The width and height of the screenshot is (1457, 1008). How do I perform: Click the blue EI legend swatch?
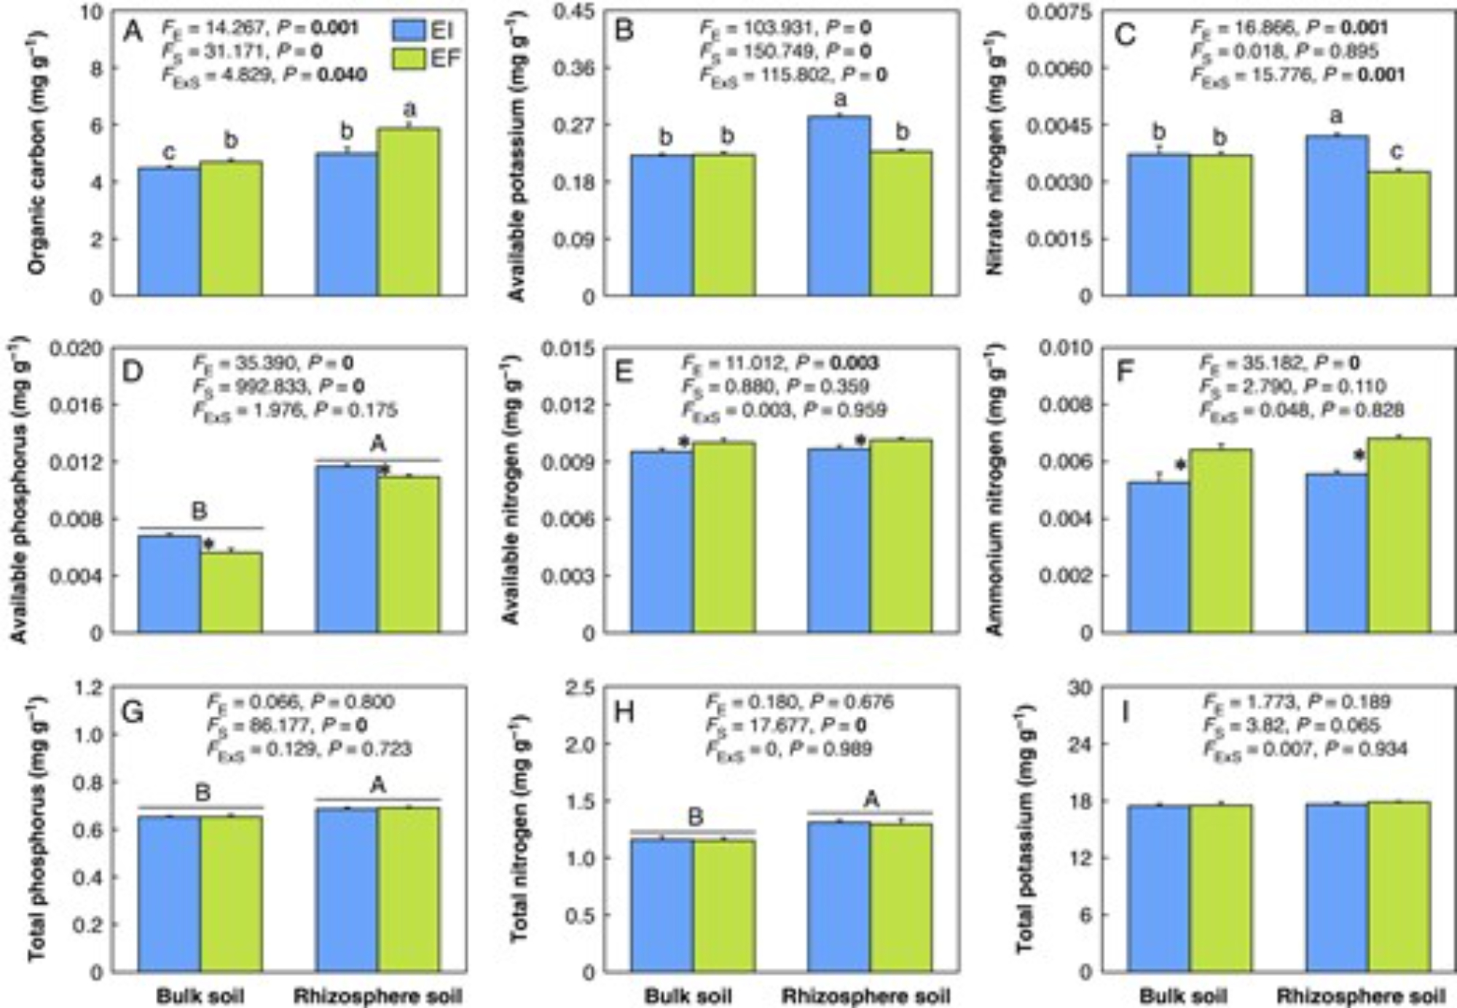(409, 30)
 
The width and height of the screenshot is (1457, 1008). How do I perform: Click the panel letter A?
(133, 32)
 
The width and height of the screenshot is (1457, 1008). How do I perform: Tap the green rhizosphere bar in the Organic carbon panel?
(409, 211)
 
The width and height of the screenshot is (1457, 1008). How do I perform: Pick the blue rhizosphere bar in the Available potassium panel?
(839, 205)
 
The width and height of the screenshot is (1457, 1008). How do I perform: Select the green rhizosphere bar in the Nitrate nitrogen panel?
(1399, 233)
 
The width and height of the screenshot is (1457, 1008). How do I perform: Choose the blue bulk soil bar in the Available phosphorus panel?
(169, 584)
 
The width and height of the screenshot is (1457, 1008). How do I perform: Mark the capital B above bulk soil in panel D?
(199, 511)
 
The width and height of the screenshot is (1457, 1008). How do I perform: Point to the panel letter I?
(1125, 712)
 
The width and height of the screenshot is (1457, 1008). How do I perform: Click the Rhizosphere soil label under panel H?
(865, 996)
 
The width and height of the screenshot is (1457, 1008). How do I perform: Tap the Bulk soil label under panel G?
(200, 996)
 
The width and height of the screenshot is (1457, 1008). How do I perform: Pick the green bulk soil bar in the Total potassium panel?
(1221, 888)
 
